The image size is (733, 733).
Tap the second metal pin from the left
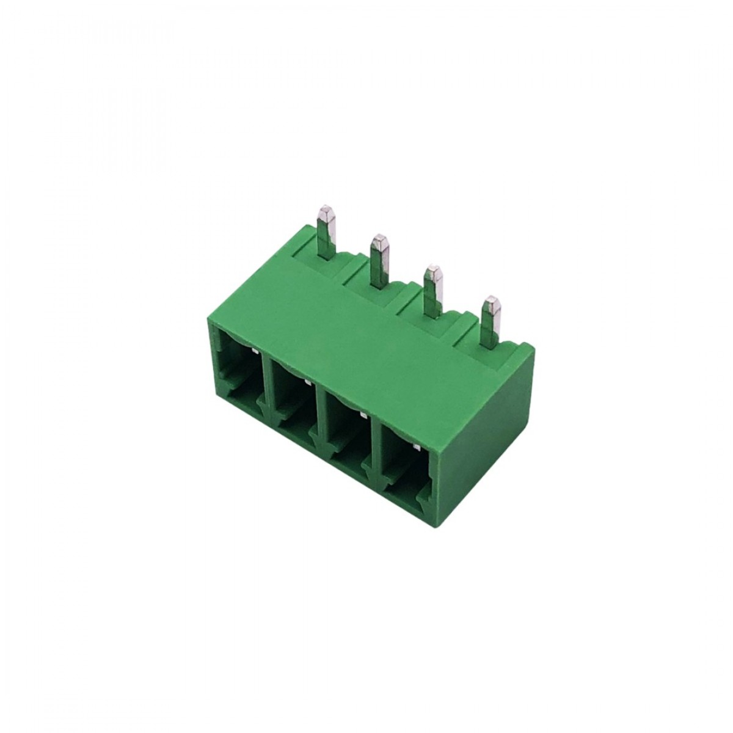tap(379, 257)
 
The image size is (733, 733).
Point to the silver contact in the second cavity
tap(307, 382)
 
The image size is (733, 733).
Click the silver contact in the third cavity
tap(363, 414)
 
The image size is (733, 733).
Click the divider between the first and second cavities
tap(264, 391)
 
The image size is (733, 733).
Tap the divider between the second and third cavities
tap(318, 421)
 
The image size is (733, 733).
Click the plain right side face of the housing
tap(483, 428)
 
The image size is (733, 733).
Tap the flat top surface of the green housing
tap(366, 330)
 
